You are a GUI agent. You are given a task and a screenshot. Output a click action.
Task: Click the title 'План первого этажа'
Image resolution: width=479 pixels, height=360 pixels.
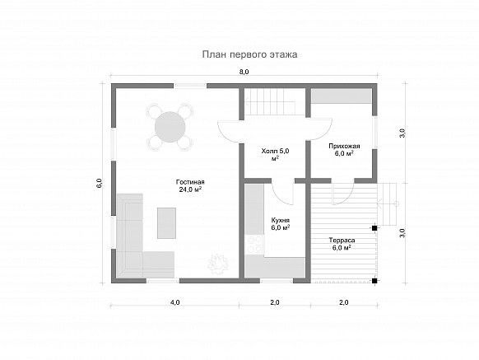point(249,54)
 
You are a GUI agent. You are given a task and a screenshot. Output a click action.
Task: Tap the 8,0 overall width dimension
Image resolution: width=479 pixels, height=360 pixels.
point(244,72)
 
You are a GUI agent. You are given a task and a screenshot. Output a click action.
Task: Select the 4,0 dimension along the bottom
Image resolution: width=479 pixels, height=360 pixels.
point(174,302)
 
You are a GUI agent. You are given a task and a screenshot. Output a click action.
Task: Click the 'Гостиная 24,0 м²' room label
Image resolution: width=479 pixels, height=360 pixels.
point(190,185)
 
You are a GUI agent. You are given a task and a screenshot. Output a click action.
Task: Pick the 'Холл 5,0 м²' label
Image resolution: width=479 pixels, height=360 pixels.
point(275,154)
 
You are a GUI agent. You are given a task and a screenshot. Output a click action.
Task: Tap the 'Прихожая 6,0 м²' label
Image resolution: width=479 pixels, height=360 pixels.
point(344,150)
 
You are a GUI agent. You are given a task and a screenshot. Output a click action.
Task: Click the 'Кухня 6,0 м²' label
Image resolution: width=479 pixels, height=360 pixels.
point(281,224)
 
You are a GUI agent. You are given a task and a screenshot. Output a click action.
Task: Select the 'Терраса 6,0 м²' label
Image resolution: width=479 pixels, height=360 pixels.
point(342,244)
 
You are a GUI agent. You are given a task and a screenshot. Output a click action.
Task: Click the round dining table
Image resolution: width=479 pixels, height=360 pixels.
point(170,127)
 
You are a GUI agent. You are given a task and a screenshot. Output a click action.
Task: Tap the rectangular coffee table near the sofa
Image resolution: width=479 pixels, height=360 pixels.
point(166,223)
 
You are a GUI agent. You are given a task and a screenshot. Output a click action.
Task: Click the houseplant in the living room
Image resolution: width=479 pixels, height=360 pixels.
point(218,262)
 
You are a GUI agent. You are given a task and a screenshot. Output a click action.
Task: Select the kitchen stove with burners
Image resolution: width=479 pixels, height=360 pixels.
point(254,245)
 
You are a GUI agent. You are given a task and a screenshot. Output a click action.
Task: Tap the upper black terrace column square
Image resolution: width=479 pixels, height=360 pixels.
point(374,228)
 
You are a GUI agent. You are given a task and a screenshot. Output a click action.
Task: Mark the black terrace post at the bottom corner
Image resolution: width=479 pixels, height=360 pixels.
point(374,280)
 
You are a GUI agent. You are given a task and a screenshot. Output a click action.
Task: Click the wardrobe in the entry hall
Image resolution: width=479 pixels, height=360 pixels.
point(342,96)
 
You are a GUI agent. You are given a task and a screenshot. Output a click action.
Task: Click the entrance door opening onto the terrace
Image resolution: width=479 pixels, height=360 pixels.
point(343,194)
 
